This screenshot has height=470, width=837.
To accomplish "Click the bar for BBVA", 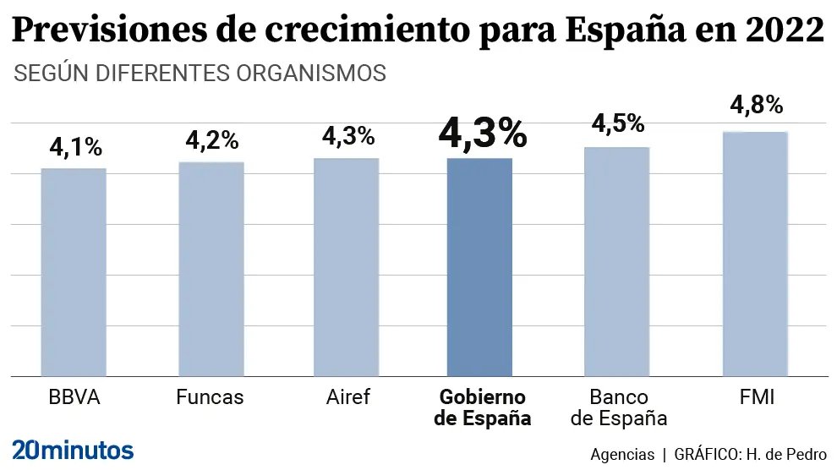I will (74, 272).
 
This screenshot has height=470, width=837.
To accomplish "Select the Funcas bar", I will (211, 269).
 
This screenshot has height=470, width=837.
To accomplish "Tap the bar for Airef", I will (346, 267).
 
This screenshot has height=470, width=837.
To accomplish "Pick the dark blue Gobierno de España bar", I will (479, 267).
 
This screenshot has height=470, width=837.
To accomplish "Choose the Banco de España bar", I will (617, 261).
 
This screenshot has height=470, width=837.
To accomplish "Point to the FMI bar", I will (755, 254).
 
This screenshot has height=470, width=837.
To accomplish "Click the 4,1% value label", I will (75, 147).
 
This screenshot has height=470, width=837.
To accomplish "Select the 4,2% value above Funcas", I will (212, 140).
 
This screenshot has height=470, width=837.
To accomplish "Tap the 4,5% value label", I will (618, 123).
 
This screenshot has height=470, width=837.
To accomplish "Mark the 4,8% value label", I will (756, 106).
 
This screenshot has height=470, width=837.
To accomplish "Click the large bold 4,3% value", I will (482, 134).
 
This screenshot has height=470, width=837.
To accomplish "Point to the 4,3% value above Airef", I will (347, 136).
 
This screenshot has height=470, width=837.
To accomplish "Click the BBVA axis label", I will (74, 397).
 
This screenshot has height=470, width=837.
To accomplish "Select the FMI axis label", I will (755, 397).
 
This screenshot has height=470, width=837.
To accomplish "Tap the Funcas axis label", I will (210, 397).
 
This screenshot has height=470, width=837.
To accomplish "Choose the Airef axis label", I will (347, 397).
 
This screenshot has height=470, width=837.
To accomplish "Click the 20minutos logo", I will (73, 448).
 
